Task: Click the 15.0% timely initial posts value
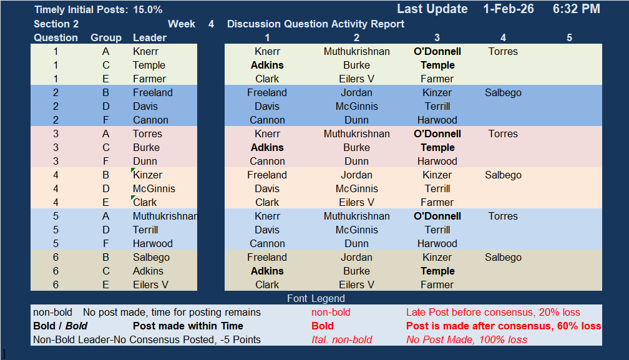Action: point(148,9)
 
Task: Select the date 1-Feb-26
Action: point(508,9)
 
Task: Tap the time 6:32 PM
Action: point(577,9)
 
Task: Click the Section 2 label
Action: point(56,24)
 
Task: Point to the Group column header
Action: point(106,37)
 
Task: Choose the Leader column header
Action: point(150,37)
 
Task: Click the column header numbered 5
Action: point(569,37)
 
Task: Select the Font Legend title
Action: point(316,298)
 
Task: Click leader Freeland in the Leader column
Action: point(153,92)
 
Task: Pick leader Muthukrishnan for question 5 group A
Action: point(165,216)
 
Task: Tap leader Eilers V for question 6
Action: point(150,285)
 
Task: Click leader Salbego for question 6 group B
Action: point(151,258)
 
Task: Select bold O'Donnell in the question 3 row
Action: point(437,134)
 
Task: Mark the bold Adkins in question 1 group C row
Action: point(267,66)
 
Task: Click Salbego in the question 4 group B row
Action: point(503,175)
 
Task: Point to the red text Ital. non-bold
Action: point(342,340)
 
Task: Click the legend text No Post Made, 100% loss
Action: point(467,340)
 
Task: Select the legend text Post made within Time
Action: point(188,326)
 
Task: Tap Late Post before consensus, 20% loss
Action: point(493,313)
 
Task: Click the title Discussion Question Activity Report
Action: point(316,24)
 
